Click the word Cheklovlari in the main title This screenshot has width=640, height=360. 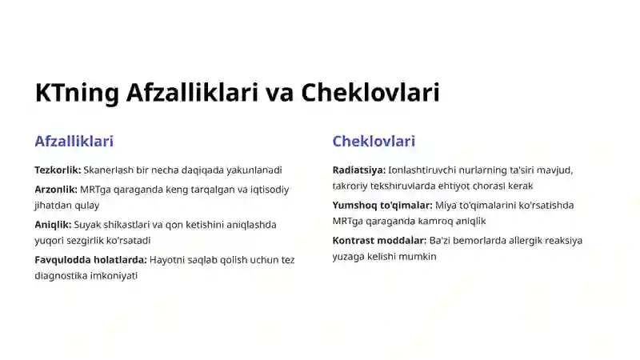coord(370,93)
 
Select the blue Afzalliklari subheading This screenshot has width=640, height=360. coord(74,142)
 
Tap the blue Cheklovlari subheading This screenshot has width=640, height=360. coord(374,142)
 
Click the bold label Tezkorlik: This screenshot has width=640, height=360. coord(58,170)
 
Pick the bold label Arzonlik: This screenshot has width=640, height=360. coord(56,190)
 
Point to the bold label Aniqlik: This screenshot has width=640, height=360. coord(53,225)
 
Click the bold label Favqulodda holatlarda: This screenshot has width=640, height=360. coord(90,260)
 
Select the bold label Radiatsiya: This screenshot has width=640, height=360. coord(359,170)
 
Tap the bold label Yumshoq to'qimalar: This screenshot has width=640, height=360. coord(382,206)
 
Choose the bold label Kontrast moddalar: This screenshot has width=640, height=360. coord(379,241)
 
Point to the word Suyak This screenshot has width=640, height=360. coord(89,225)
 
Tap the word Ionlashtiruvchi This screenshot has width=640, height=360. coord(422,170)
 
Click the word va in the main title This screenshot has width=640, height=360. coord(279,93)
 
